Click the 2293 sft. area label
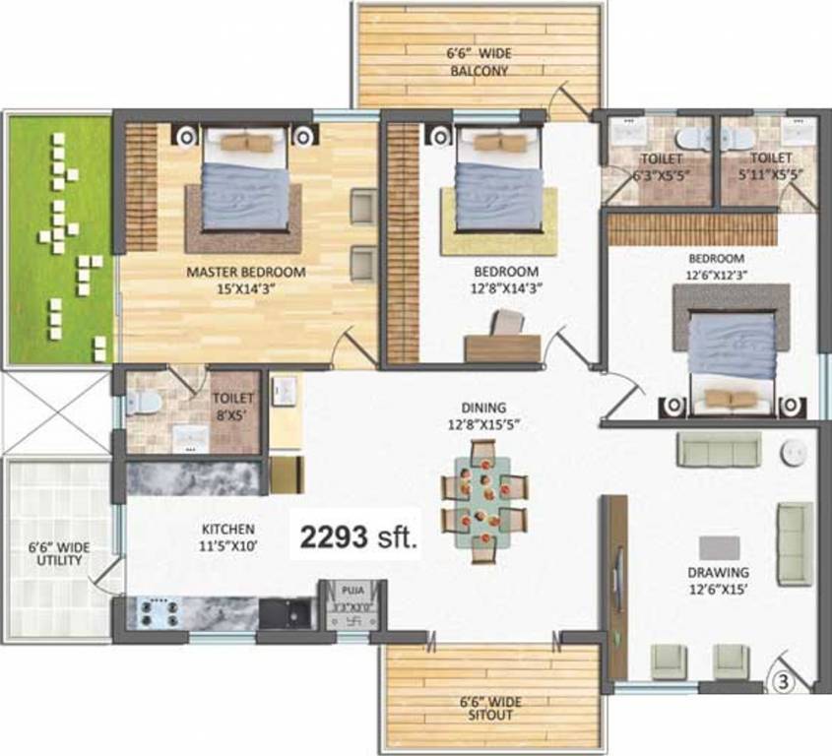[358, 537]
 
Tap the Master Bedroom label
[246, 280]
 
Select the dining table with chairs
[483, 502]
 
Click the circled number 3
[784, 678]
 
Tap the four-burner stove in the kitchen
[158, 612]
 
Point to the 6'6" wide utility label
[53, 553]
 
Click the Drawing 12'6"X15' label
[718, 580]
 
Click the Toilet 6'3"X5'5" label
[661, 165]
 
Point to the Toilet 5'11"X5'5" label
[770, 165]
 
